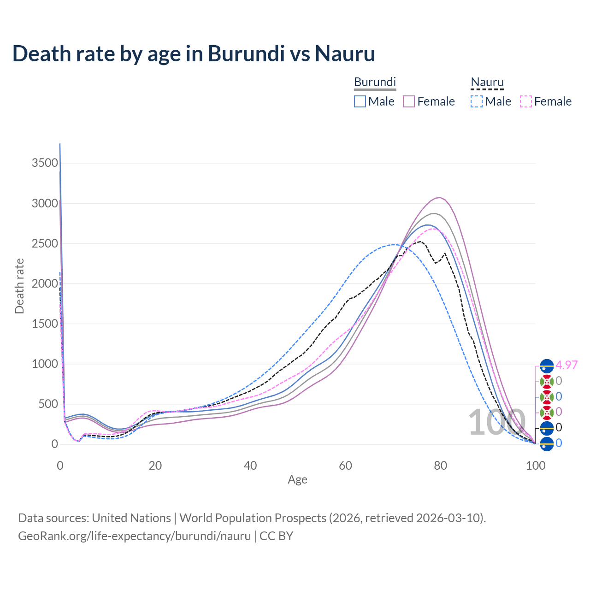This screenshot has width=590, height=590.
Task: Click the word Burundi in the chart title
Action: click(246, 53)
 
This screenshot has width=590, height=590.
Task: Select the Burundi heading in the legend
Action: click(375, 82)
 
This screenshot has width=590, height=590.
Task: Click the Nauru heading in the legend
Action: click(487, 82)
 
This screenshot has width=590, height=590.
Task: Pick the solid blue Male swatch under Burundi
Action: click(360, 101)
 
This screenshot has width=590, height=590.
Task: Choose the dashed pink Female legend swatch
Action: click(526, 101)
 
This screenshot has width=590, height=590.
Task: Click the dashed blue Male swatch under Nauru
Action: click(477, 101)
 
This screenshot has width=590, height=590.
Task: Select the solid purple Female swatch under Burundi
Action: click(409, 101)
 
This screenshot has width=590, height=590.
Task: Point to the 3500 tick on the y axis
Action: click(45, 163)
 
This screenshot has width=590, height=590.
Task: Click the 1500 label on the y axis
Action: click(45, 324)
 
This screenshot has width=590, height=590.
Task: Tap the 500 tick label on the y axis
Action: click(48, 404)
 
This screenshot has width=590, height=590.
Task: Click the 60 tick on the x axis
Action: click(345, 466)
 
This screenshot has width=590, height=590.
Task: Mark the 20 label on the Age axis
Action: click(155, 466)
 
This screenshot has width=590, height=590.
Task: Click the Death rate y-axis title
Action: click(19, 286)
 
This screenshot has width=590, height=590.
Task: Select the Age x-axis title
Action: click(297, 480)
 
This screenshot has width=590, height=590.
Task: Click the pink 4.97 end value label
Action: click(566, 365)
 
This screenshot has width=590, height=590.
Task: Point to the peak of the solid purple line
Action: click(440, 197)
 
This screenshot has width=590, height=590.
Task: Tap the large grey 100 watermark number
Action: click(497, 422)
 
